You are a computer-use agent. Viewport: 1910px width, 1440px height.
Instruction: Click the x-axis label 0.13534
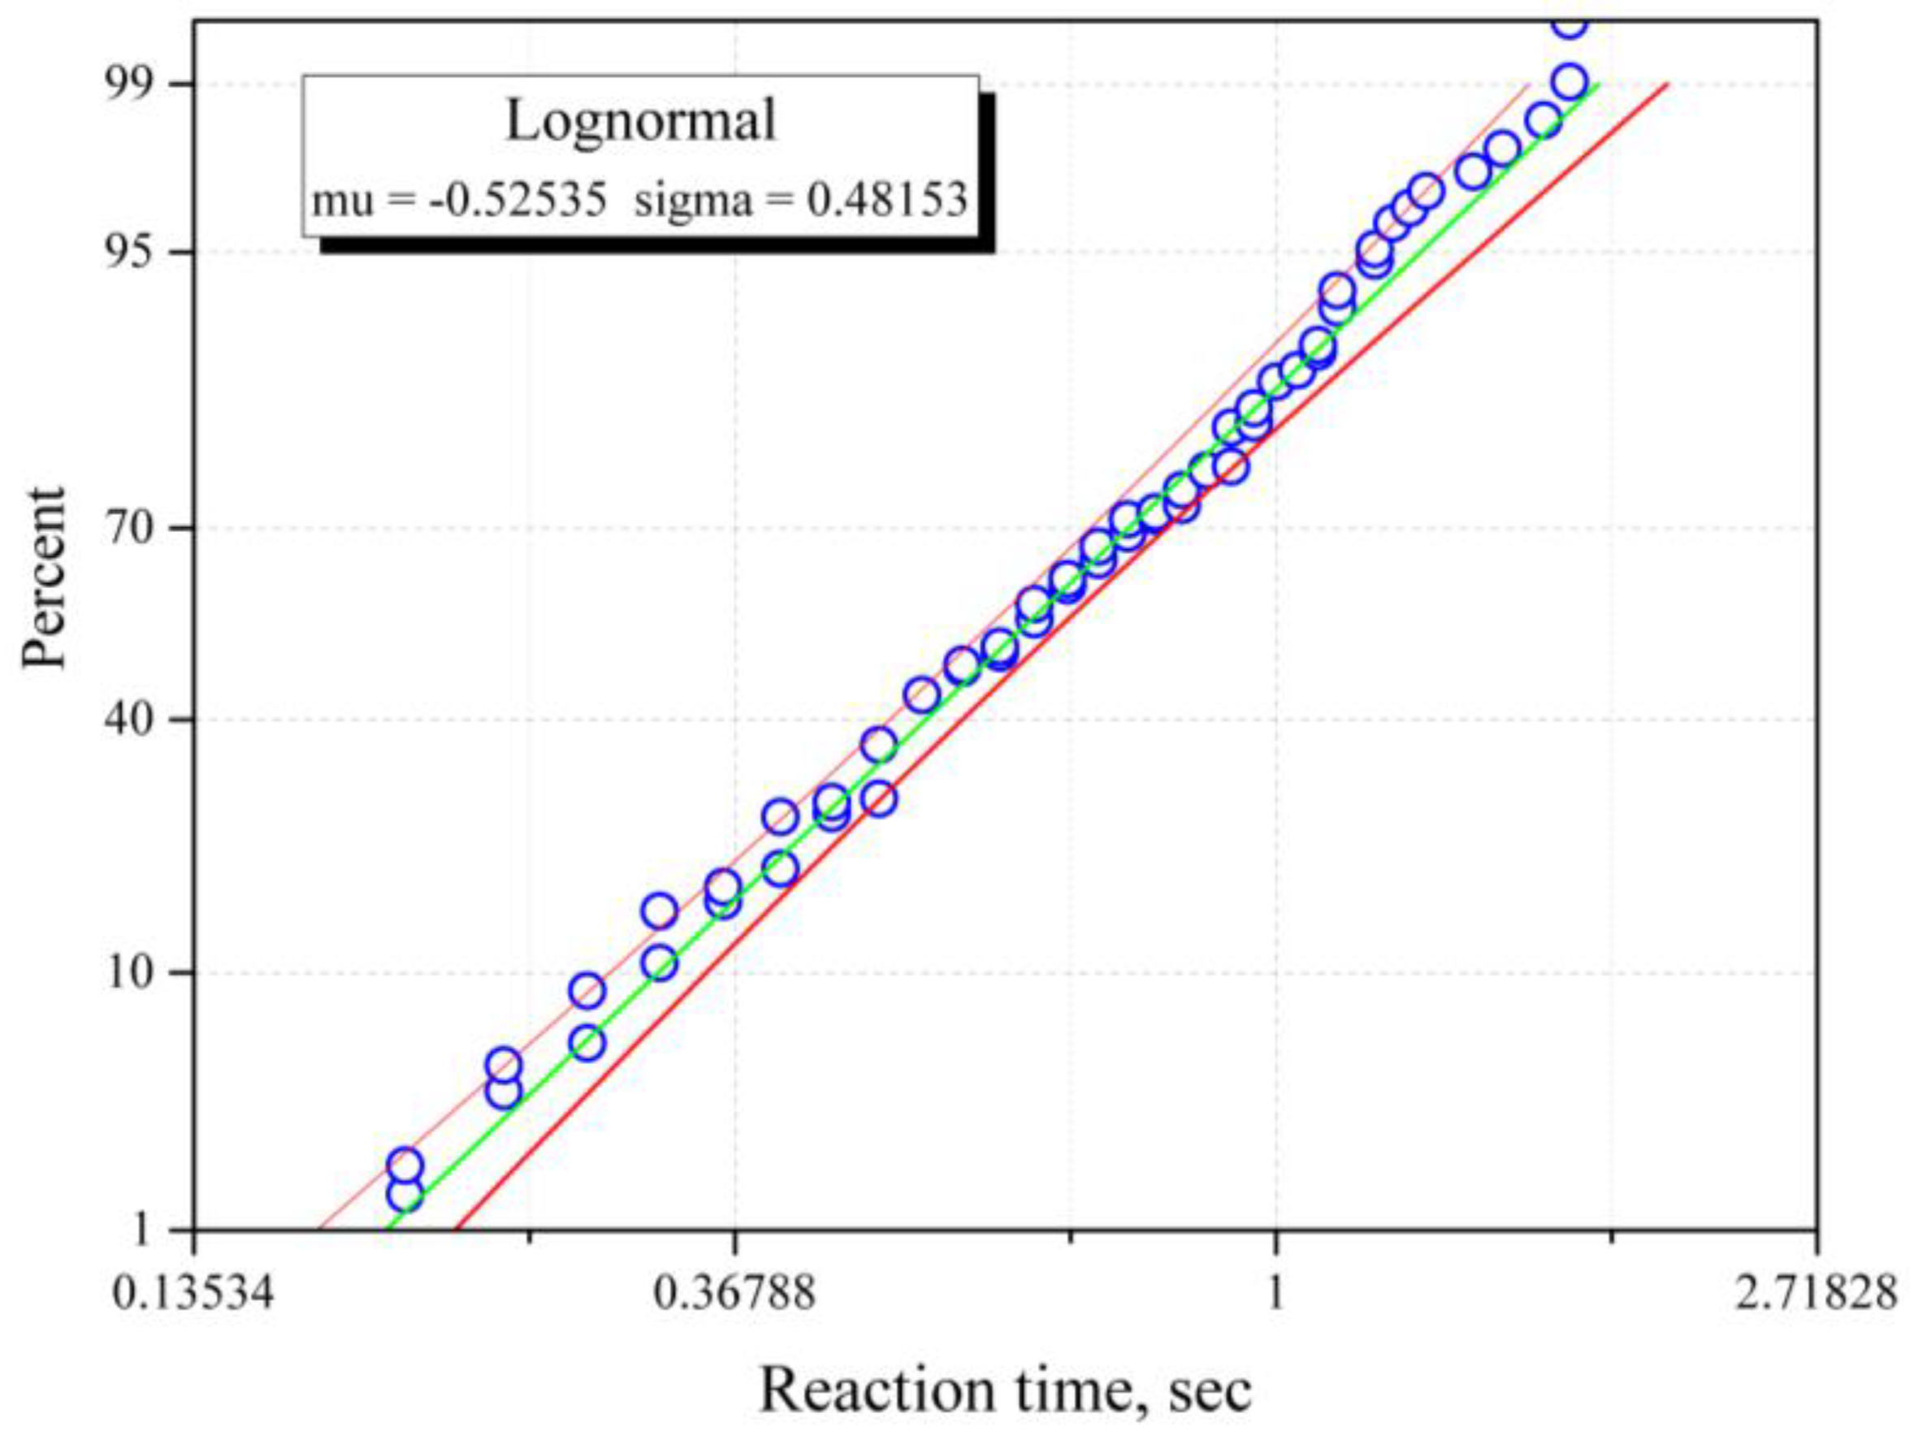point(193,1294)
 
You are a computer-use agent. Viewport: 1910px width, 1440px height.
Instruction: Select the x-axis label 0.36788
point(734,1294)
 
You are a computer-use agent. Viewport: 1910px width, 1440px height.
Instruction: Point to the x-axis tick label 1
point(1275,1294)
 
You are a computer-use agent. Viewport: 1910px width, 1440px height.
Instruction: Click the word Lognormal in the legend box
point(641,121)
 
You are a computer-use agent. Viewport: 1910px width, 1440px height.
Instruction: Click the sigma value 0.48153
point(887,201)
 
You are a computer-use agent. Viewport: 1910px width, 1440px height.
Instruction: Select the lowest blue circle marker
point(405,1195)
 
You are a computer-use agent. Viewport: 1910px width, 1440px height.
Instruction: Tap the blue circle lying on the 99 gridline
point(1570,83)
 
